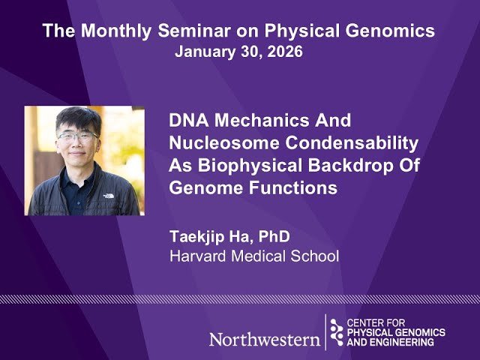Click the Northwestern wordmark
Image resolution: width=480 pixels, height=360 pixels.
point(263,339)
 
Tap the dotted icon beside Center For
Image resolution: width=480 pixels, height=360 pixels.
point(337,331)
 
